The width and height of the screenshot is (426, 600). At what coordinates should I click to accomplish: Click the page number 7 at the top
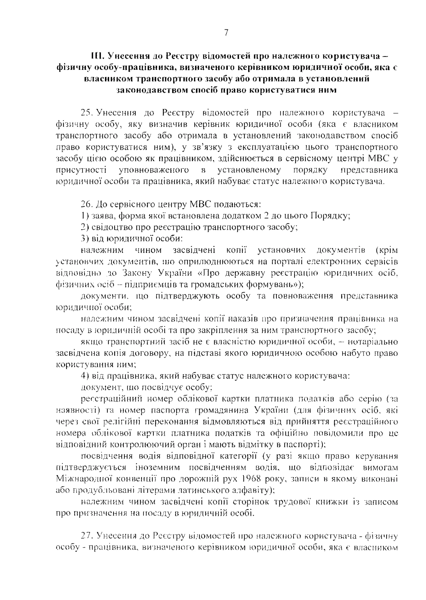click(x=226, y=33)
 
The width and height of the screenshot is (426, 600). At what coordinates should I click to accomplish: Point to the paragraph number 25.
click(x=85, y=113)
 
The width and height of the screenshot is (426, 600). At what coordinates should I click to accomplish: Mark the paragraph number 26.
click(x=85, y=204)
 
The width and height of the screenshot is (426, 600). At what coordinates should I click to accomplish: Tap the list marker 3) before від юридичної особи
click(x=84, y=239)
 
